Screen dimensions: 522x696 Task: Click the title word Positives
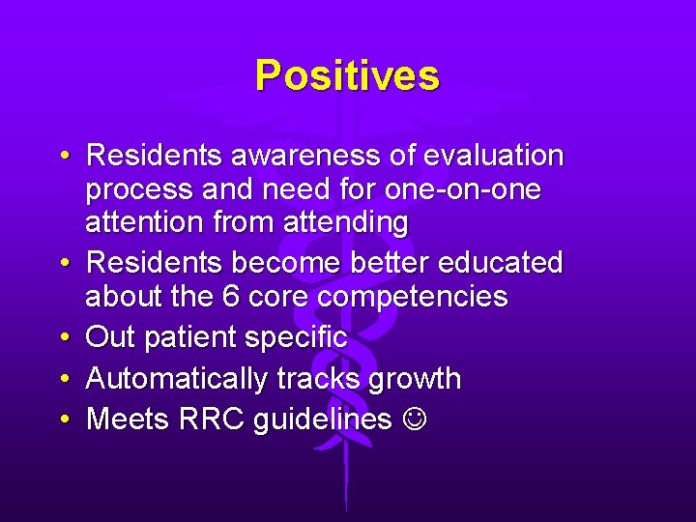point(347,75)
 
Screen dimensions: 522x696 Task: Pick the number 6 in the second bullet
point(230,297)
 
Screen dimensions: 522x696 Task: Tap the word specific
point(299,338)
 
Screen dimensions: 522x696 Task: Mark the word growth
point(414,379)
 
